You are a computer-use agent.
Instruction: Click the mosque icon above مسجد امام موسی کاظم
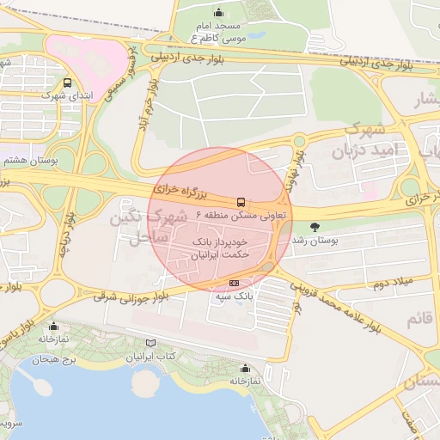218,12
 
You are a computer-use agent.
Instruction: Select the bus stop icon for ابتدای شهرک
67,83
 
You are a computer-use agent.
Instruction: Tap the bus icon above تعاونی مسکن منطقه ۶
240,203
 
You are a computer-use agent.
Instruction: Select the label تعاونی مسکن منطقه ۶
240,215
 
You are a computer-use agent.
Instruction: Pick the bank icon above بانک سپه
235,284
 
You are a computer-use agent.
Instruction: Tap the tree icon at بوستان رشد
315,227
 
